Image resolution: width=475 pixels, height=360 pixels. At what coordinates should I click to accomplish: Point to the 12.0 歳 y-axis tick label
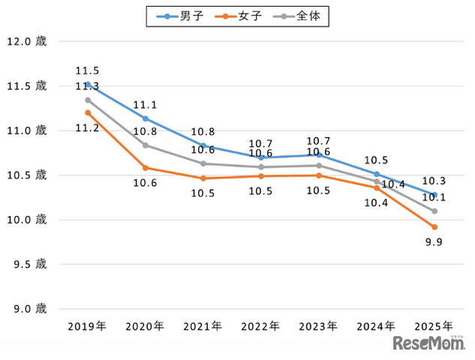tap(26, 42)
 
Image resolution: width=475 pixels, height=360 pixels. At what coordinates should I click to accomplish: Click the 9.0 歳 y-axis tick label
tap(26, 308)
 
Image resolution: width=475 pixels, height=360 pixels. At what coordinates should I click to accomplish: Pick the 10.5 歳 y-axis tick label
tap(26, 175)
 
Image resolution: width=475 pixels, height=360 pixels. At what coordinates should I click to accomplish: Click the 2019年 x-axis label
tap(87, 326)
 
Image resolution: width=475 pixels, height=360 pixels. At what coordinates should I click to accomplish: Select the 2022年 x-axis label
tap(260, 326)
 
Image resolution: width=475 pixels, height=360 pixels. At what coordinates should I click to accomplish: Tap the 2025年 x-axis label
tap(434, 326)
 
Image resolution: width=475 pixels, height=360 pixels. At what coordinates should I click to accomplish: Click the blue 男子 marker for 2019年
tap(88, 85)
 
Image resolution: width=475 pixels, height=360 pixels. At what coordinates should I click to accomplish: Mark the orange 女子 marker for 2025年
tap(434, 226)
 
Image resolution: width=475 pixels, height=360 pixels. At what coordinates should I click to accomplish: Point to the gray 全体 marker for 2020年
tap(146, 145)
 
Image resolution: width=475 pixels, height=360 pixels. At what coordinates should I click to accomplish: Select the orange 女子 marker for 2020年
tap(146, 168)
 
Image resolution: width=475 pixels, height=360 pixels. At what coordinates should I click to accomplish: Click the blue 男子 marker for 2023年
tap(319, 154)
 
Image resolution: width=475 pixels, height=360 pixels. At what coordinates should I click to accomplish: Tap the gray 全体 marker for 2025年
tap(434, 211)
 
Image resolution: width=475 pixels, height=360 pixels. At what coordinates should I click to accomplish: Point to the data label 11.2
tap(88, 128)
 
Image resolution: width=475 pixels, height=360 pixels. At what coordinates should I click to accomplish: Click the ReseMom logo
tap(428, 343)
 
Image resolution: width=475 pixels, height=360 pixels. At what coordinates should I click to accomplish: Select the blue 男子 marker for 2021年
tap(203, 145)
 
